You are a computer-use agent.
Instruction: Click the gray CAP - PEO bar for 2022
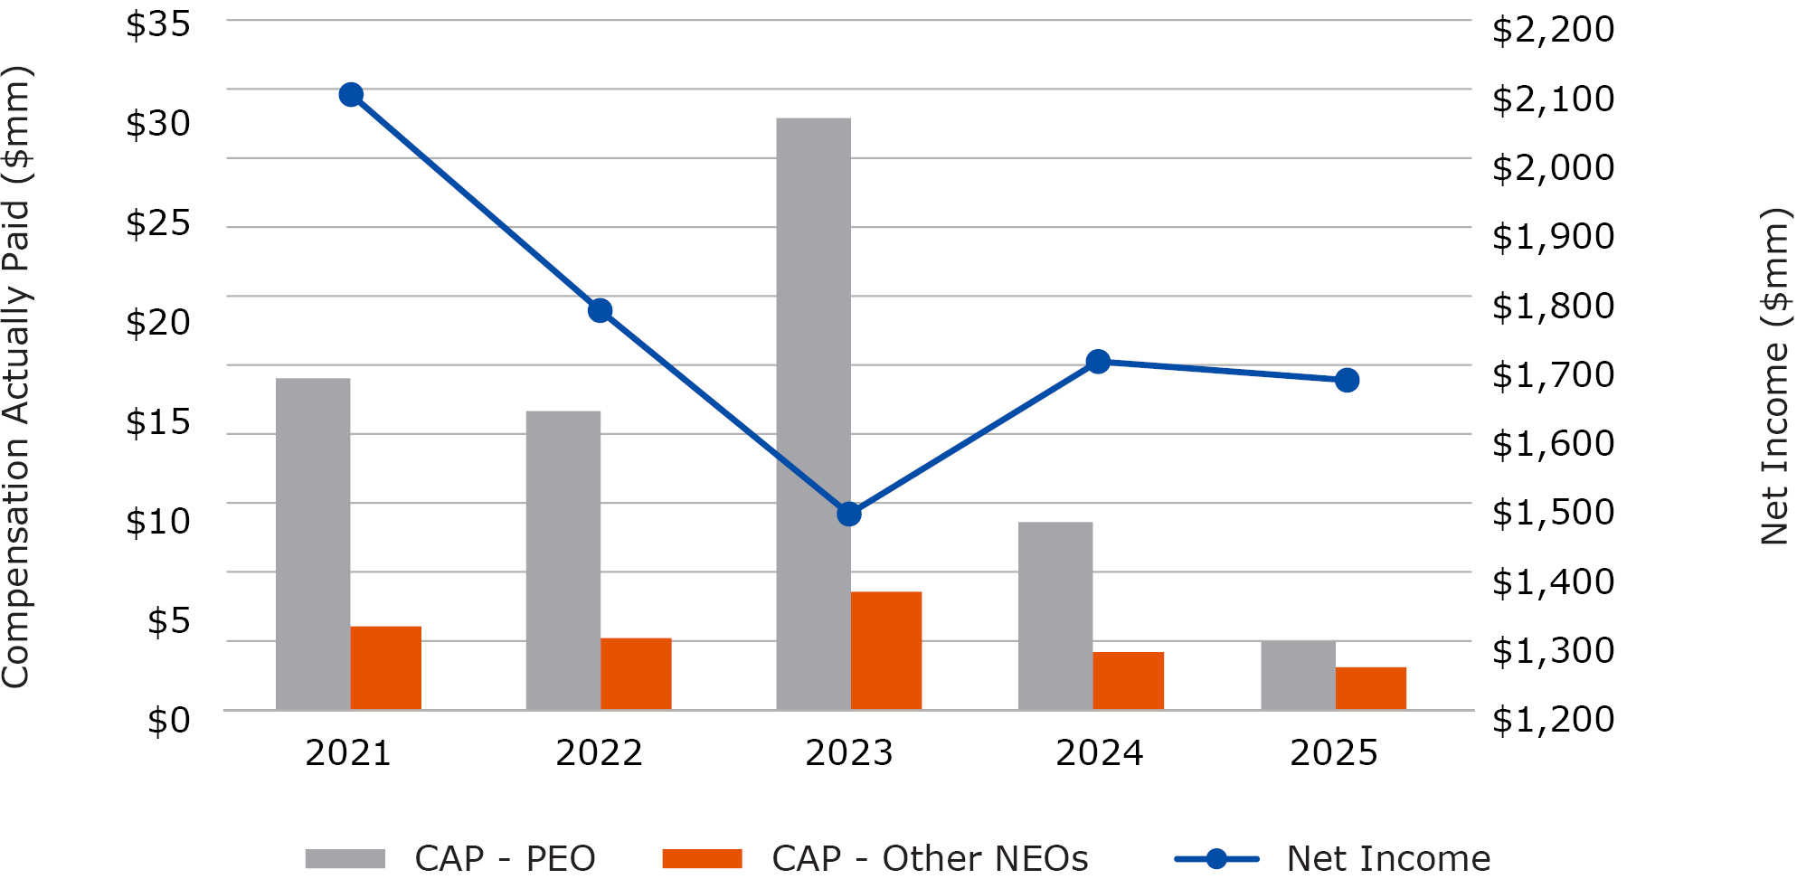coord(563,560)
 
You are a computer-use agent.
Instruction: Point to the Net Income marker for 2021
coord(351,95)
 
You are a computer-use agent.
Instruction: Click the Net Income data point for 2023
coord(848,515)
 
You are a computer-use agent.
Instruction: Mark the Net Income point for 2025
coord(1347,381)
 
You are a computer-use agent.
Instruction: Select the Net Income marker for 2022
coord(600,311)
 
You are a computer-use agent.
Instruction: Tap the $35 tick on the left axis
coord(158,24)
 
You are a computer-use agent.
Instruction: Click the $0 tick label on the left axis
coord(169,721)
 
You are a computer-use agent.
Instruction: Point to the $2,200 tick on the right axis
coord(1553,29)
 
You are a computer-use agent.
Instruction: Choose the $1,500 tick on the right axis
coord(1553,512)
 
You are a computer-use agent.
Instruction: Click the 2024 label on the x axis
coord(1099,752)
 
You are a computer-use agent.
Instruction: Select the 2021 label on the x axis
coord(348,752)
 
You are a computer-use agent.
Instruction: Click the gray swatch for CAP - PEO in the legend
coord(345,858)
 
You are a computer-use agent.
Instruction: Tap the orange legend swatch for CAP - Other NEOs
coord(702,858)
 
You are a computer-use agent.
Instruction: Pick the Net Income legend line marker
coord(1216,858)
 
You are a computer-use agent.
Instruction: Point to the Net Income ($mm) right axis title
coord(1775,376)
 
